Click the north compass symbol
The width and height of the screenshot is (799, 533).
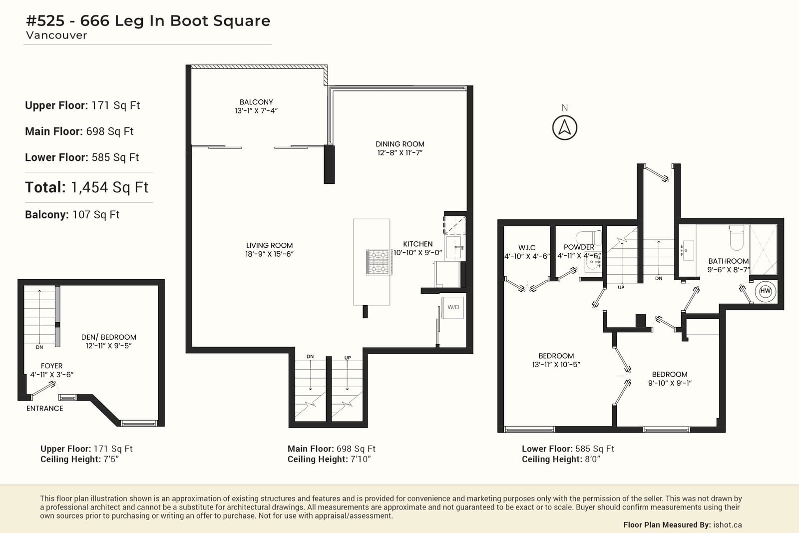tap(565, 127)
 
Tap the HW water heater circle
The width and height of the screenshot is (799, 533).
tap(765, 291)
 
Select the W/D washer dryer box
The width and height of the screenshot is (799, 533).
tap(453, 307)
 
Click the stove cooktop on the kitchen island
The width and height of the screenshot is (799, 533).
tap(379, 262)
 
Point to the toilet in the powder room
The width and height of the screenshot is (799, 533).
tap(588, 237)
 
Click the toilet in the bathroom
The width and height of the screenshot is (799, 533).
tap(737, 237)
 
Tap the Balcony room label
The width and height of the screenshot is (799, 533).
tap(256, 102)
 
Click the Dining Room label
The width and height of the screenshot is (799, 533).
tap(400, 144)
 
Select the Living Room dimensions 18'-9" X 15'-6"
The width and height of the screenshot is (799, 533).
tap(269, 254)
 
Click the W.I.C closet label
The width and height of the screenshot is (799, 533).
tap(527, 248)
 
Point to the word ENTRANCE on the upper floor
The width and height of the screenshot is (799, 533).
tap(44, 409)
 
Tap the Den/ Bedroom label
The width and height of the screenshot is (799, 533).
tap(109, 337)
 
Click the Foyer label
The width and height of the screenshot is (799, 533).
tap(52, 366)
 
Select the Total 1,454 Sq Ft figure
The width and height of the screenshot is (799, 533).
tap(86, 187)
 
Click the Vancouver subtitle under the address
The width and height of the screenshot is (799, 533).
tap(56, 35)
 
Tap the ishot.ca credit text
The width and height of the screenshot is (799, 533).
tap(727, 525)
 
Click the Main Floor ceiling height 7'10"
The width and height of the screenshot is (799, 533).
tap(361, 459)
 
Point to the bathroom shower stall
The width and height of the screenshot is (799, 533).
tap(763, 249)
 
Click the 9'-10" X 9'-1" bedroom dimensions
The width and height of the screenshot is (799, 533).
tap(670, 383)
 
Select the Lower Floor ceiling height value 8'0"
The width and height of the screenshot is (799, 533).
tap(592, 459)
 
